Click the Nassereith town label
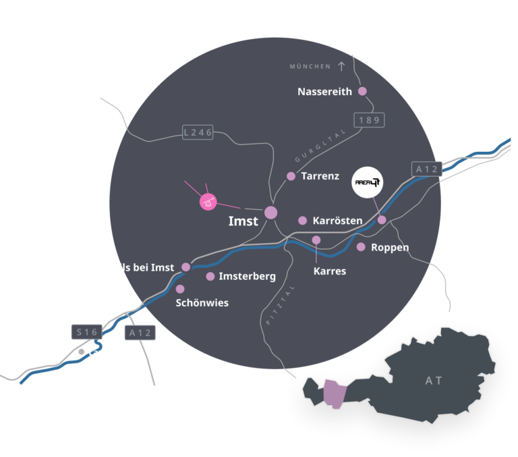tap(324, 92)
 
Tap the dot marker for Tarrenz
tap(291, 176)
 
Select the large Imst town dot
tap(270, 213)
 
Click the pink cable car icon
tap(208, 200)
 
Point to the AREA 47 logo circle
tap(370, 182)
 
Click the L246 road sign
tap(198, 132)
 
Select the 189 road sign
tap(369, 120)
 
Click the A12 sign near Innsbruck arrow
tap(427, 169)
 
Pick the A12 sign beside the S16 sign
tap(140, 332)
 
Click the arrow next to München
tap(341, 66)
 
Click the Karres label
tap(330, 271)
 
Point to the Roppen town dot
tap(361, 247)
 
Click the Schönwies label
tap(202, 303)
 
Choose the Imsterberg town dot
tap(210, 276)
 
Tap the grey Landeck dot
tap(82, 352)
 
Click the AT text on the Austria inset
tap(434, 381)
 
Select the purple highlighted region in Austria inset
tap(334, 394)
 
